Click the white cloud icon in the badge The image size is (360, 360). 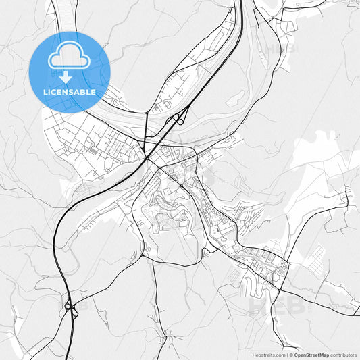68,60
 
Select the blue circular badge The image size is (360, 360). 69,72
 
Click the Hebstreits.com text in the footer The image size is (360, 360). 267,354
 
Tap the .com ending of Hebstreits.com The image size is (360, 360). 279,354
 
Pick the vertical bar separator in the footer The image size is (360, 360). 288,354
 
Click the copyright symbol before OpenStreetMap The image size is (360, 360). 292,354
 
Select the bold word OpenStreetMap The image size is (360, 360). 311,354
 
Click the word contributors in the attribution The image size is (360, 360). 343,354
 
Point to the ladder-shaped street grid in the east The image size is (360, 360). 314,256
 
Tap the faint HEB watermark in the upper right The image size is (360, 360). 280,49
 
